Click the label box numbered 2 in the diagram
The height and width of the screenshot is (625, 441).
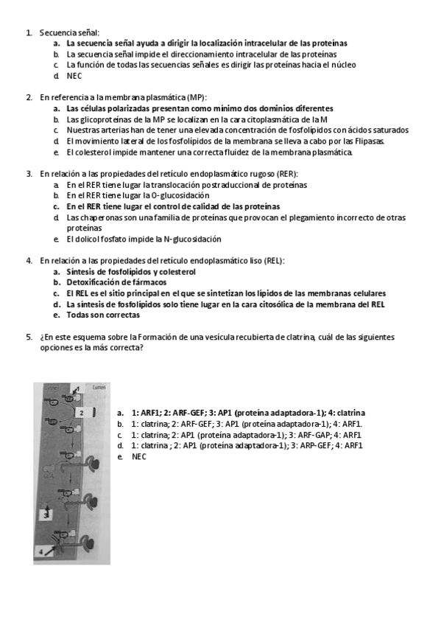click(x=83, y=414)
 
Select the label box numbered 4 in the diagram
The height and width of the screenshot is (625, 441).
click(x=40, y=551)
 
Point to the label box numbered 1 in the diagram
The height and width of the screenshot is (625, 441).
click(x=77, y=388)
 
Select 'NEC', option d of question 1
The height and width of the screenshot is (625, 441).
click(x=74, y=75)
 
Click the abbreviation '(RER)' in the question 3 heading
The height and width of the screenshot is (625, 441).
click(x=286, y=174)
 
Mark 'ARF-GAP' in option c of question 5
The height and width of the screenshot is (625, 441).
click(x=309, y=435)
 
